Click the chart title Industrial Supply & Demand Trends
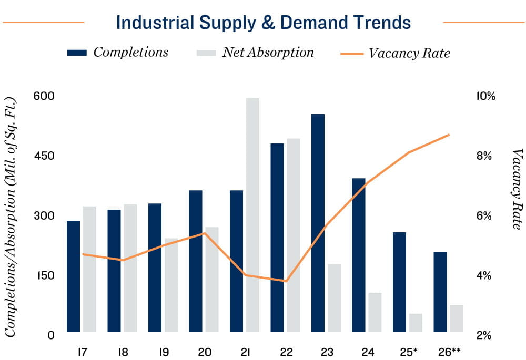[263, 23]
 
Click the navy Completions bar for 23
[318, 223]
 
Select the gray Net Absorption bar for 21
[252, 215]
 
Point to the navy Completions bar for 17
[74, 276]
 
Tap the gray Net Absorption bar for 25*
[416, 323]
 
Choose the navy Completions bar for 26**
[440, 292]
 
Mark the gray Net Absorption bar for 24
[375, 312]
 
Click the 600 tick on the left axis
[44, 96]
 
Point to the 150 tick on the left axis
[44, 275]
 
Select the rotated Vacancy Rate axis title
[516, 189]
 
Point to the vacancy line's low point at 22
[286, 281]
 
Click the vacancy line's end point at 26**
[449, 135]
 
